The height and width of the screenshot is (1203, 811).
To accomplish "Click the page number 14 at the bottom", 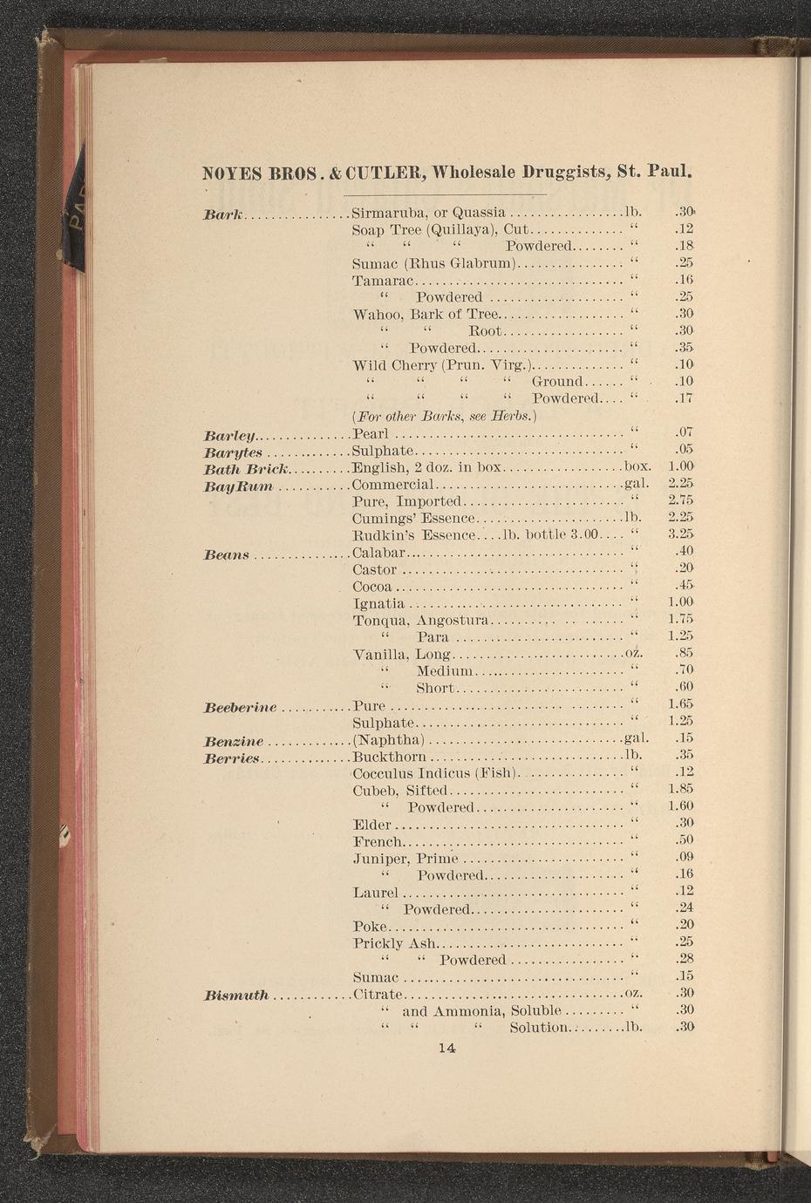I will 447,1049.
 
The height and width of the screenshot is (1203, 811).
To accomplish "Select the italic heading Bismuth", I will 236,995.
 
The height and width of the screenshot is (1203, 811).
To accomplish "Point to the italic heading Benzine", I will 233,741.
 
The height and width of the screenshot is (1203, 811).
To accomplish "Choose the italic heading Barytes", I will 233,452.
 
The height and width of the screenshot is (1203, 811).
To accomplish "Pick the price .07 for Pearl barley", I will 683,432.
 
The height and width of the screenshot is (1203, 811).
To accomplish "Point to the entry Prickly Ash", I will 394,943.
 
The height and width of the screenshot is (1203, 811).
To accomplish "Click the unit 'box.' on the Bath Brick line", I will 639,467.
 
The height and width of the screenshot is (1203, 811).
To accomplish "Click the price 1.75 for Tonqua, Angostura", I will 679,619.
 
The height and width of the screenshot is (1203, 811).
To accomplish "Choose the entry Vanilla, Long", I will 402,654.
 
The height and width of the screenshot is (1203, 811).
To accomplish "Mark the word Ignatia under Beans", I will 378,603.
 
